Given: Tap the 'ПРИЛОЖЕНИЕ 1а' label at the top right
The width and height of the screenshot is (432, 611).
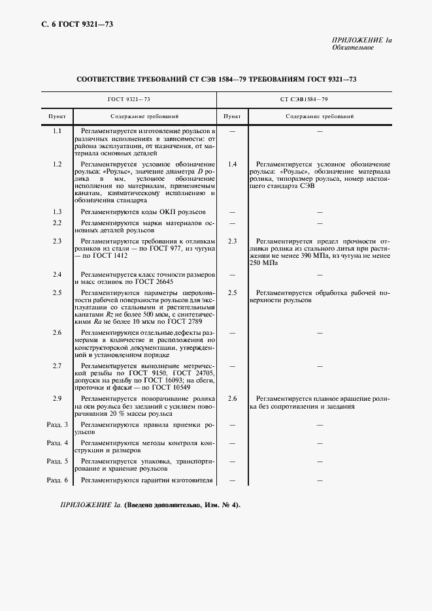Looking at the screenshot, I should click(361, 40).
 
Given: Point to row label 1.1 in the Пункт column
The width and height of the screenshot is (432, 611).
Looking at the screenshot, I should click(57, 131).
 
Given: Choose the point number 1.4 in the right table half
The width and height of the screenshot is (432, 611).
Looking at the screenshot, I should click(232, 164).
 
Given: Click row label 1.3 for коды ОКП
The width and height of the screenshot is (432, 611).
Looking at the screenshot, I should click(57, 212).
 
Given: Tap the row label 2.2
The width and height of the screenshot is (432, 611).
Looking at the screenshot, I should click(57, 223).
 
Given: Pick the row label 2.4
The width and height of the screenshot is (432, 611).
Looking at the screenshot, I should click(57, 274).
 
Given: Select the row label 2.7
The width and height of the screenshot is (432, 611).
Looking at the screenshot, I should click(57, 366).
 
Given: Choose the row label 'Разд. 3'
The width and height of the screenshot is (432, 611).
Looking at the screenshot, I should click(57, 425).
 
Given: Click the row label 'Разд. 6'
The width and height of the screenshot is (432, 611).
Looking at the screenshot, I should click(57, 480).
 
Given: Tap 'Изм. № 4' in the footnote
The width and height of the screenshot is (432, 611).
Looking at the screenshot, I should click(220, 505).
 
